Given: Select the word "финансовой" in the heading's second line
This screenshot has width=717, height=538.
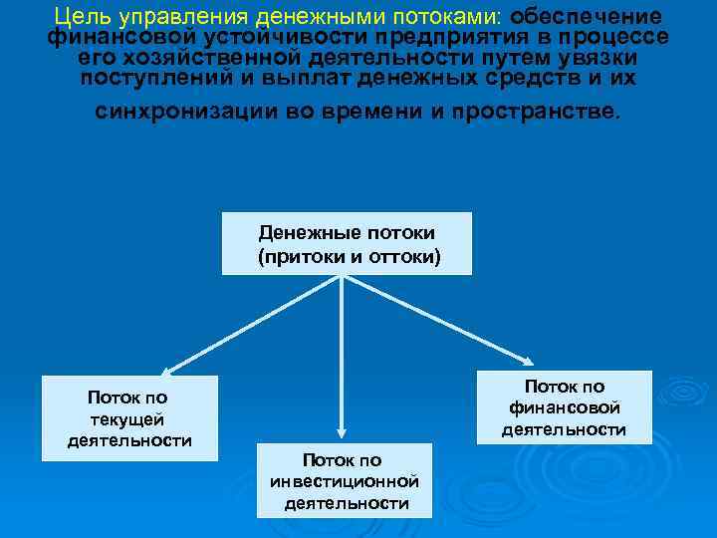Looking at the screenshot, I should (104, 37).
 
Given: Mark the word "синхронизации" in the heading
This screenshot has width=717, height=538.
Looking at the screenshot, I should (184, 112).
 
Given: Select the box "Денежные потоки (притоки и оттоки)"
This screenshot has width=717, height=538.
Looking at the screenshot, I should (346, 243).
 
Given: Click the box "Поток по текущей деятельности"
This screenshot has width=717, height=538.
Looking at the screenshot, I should (129, 418).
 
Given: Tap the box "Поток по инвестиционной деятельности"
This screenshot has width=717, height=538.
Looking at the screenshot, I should (344, 479).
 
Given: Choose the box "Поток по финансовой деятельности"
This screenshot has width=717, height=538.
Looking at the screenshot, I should (564, 407).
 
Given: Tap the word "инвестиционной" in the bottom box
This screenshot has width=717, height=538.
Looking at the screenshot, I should (344, 481).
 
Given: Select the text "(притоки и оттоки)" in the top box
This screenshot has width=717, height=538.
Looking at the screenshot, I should (346, 256).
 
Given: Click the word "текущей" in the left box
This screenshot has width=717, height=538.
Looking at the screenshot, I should (129, 419).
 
